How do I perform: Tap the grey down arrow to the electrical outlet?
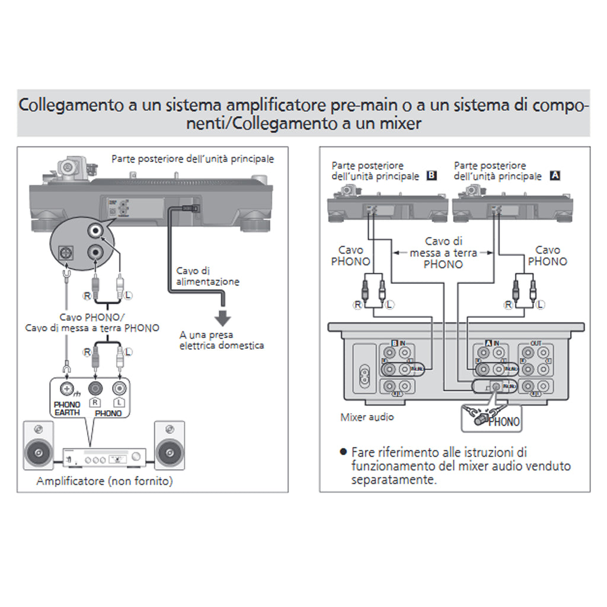click(x=222, y=317)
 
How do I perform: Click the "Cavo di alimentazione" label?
click(x=208, y=276)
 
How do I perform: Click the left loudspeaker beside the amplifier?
click(x=39, y=446)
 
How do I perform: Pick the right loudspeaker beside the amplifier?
click(x=169, y=446)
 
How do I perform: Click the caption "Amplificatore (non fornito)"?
click(x=104, y=481)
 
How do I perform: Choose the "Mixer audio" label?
click(x=367, y=417)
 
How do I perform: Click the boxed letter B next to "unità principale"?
click(x=431, y=175)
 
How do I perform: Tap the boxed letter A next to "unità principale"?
click(x=555, y=175)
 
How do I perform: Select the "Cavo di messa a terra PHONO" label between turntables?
click(x=443, y=253)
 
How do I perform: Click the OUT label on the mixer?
click(x=535, y=344)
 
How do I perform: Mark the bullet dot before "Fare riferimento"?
click(x=343, y=452)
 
